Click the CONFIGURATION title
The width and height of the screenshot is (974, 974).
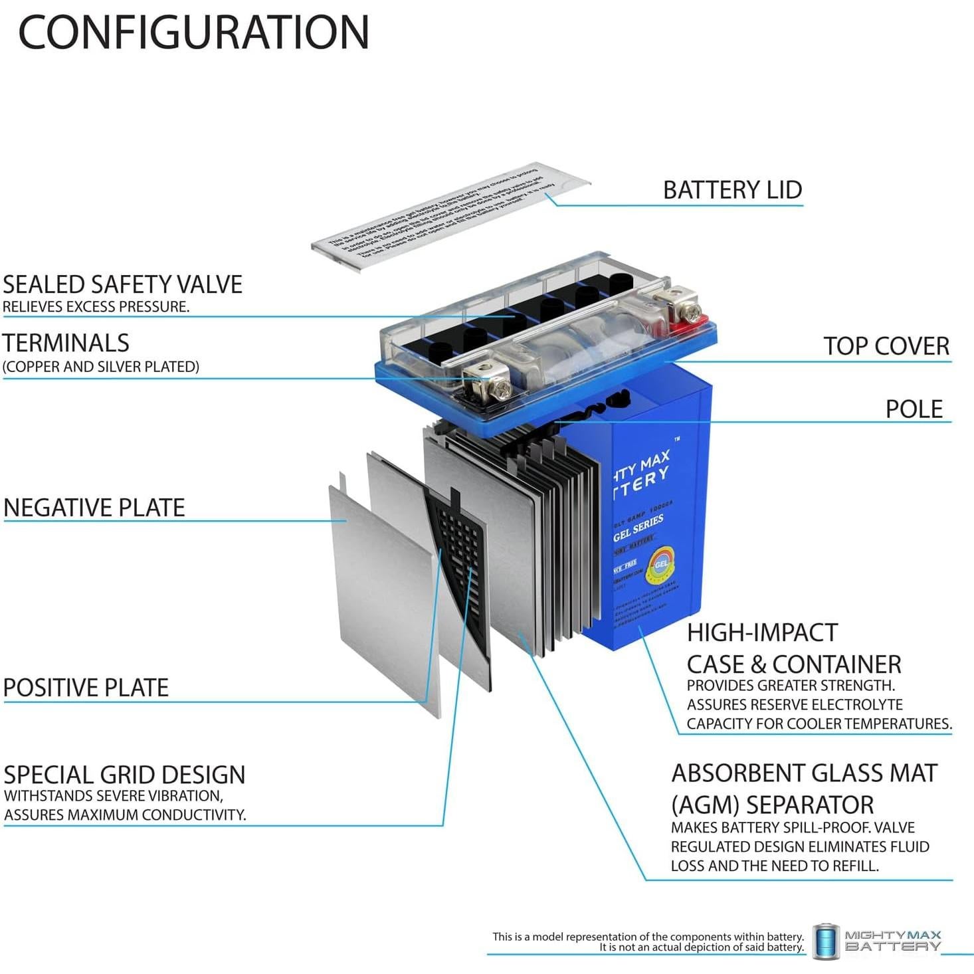click(x=193, y=32)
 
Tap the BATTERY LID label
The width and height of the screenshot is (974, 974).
click(x=732, y=190)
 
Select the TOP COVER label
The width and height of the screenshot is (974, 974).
click(x=886, y=346)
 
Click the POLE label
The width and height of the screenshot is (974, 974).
click(x=914, y=409)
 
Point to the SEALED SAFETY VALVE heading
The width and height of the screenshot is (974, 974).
click(x=123, y=284)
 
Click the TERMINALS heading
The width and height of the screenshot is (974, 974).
click(x=66, y=343)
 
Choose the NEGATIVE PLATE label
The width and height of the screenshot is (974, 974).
click(x=94, y=508)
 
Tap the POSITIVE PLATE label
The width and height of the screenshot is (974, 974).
click(x=86, y=688)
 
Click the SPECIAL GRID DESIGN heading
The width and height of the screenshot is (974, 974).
click(x=124, y=775)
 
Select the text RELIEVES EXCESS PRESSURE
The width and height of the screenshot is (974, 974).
click(x=96, y=307)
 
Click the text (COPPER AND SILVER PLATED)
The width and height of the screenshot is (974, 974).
click(x=101, y=367)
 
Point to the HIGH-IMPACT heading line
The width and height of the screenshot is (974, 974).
click(x=762, y=633)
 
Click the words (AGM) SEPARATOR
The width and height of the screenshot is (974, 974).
click(x=772, y=805)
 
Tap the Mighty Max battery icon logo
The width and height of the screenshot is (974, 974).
click(x=826, y=941)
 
